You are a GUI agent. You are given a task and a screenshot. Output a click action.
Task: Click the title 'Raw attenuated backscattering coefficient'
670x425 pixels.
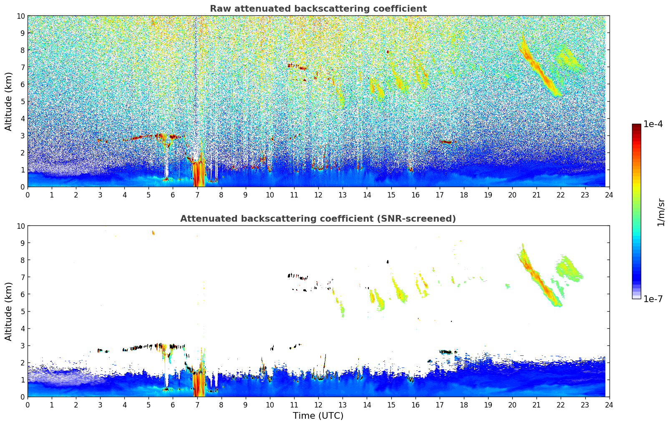(x=318, y=9)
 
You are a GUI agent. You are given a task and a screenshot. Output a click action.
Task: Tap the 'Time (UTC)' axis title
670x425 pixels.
(x=318, y=415)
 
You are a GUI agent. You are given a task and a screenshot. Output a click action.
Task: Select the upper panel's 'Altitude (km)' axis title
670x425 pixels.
(x=9, y=101)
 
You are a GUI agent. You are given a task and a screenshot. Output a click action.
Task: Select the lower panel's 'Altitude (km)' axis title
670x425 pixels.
(x=9, y=311)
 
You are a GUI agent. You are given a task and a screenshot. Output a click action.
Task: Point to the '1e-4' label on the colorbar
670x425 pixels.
(x=653, y=124)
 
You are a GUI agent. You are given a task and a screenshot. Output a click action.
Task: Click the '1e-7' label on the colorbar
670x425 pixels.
(x=653, y=299)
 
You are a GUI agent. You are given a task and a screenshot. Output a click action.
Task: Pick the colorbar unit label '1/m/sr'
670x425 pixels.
(x=660, y=211)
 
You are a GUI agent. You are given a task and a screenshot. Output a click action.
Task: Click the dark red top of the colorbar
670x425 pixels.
(x=636, y=126)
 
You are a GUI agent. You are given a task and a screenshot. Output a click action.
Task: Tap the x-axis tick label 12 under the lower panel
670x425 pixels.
(x=318, y=405)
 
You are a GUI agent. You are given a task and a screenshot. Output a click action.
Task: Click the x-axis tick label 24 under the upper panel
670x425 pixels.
(x=609, y=195)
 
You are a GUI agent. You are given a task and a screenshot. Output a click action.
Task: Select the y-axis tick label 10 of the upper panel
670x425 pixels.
(x=21, y=16)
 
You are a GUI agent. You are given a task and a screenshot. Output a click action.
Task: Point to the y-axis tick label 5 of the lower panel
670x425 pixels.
(x=23, y=311)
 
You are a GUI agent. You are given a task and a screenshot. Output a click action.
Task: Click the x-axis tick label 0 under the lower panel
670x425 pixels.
(x=28, y=405)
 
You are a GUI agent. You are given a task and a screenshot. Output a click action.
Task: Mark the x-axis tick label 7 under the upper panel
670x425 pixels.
(x=197, y=195)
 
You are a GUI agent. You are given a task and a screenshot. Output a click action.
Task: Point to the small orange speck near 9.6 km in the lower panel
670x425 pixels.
(x=153, y=232)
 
